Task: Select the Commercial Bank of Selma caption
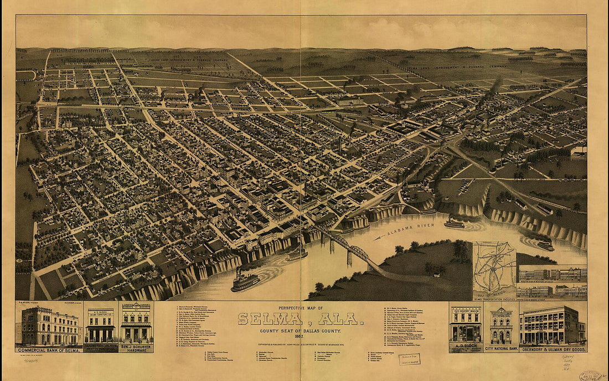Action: [x=49, y=350]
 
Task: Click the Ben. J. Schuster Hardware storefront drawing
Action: [x=136, y=327]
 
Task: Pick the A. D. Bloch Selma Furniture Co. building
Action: [x=100, y=326]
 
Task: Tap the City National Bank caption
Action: [x=501, y=349]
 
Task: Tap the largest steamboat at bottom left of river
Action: [x=245, y=281]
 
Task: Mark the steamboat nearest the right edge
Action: [x=545, y=244]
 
